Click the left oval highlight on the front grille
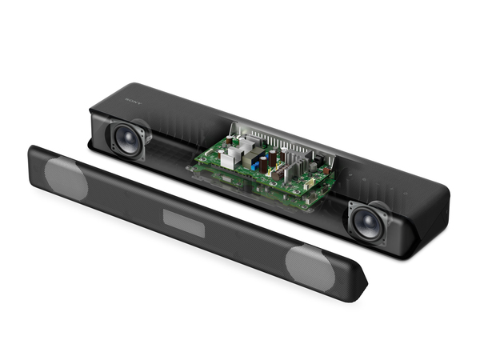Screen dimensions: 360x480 (x=66, y=177)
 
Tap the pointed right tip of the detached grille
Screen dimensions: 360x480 (x=363, y=281)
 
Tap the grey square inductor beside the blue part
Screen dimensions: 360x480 (x=243, y=160)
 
